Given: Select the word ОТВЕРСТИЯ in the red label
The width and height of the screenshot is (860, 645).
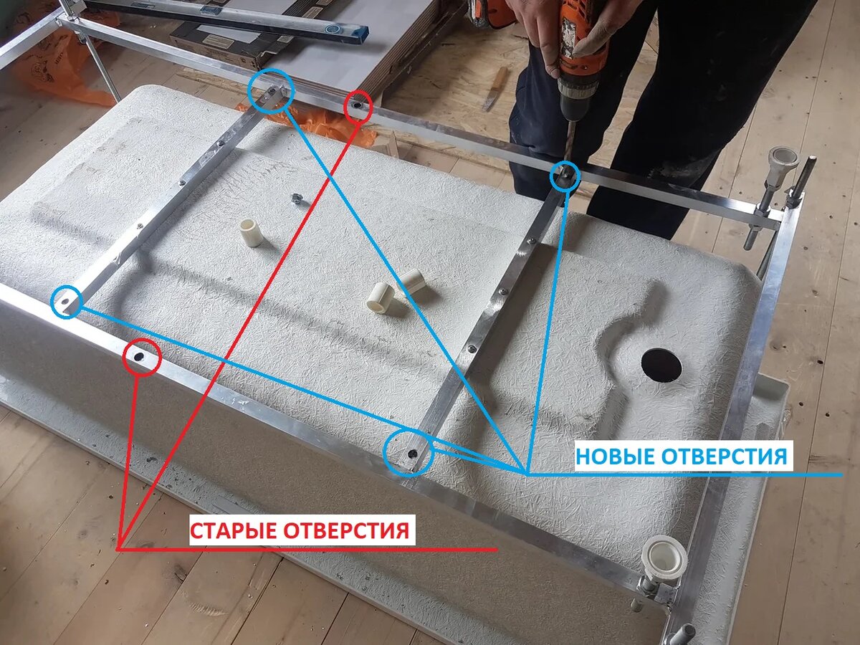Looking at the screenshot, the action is [x=346, y=530].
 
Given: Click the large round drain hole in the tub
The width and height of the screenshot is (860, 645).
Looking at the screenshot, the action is [x=661, y=365].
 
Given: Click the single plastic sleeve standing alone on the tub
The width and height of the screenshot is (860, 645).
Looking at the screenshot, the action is [x=252, y=233].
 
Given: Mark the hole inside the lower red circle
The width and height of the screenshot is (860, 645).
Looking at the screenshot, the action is [x=139, y=357].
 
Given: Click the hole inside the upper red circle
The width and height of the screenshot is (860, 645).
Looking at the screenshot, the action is [x=357, y=105].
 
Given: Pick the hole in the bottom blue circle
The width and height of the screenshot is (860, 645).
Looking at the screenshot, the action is [x=412, y=454].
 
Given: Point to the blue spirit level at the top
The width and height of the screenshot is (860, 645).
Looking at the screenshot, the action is [x=227, y=18].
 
